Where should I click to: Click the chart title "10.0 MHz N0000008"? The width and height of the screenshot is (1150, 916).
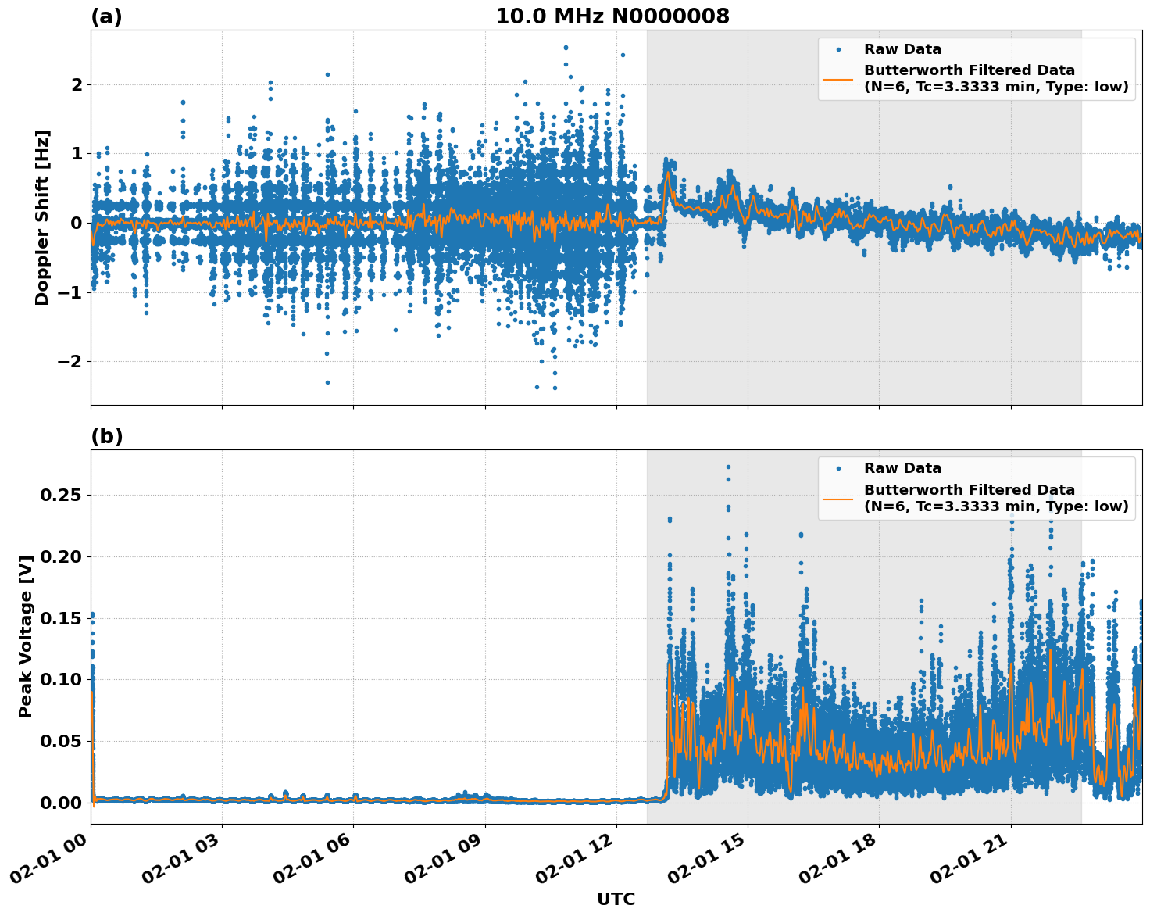[612, 16]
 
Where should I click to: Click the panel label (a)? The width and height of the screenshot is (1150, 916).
[106, 16]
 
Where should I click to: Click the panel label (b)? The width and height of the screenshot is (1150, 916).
[106, 436]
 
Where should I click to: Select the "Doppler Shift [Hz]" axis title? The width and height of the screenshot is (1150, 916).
[42, 217]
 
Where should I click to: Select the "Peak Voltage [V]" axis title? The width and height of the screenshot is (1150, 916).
[26, 637]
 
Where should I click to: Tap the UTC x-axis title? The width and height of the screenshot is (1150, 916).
[616, 899]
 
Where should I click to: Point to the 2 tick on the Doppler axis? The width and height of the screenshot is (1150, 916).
[77, 84]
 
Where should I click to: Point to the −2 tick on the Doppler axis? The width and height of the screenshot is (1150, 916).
[71, 361]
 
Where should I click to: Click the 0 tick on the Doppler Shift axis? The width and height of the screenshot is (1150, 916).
[77, 223]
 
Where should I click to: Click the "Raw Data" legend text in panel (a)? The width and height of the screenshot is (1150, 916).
[902, 50]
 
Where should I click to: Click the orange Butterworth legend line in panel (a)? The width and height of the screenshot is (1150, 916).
[838, 79]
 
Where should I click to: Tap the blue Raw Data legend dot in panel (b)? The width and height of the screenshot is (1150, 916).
[838, 469]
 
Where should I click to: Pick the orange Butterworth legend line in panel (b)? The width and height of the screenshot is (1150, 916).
[838, 498]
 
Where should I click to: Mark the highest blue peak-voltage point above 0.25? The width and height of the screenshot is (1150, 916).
[728, 467]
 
